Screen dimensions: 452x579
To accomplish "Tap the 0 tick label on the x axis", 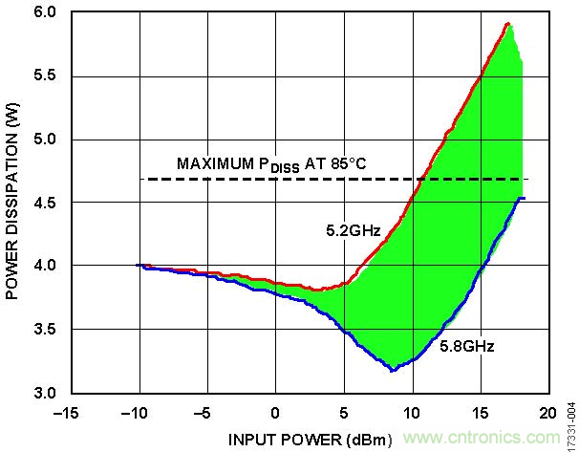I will (x=275, y=412).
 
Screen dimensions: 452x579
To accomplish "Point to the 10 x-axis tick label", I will (x=411, y=412).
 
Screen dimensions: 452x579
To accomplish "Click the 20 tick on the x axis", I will (x=547, y=412).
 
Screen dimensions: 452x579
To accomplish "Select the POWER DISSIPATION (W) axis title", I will (x=13, y=203).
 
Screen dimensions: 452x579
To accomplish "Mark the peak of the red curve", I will (x=508, y=23).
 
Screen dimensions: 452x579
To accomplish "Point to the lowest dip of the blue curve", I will (x=393, y=369).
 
